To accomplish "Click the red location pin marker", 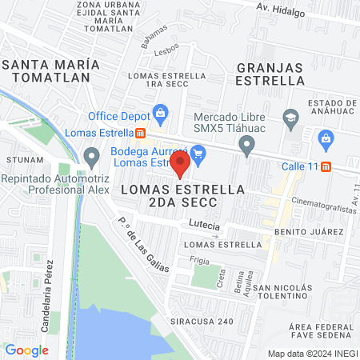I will [180, 164].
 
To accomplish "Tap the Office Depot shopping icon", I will [161, 113].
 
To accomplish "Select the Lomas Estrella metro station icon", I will [140, 133].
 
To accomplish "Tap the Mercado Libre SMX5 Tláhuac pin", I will [246, 145].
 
